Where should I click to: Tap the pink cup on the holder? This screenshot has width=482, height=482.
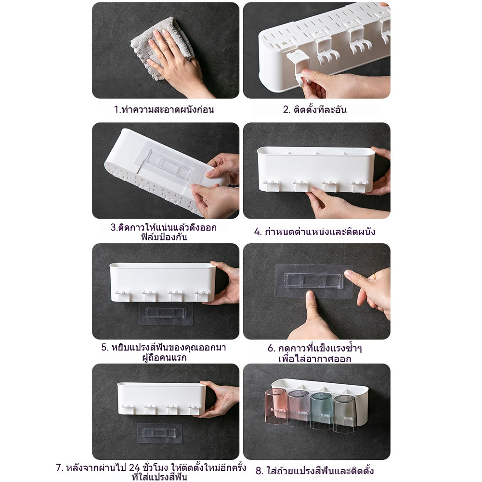pyautogui.click(x=275, y=406)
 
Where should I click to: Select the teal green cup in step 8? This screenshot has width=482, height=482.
pyautogui.click(x=321, y=410)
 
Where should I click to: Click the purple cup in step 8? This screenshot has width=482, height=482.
pyautogui.click(x=299, y=408)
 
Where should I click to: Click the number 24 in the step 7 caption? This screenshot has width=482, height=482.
pyautogui.click(x=134, y=468)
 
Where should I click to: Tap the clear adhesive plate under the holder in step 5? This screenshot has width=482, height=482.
pyautogui.click(x=166, y=313)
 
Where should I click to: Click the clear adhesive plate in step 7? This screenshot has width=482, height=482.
pyautogui.click(x=159, y=433)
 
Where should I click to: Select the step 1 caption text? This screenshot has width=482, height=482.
pyautogui.click(x=164, y=109)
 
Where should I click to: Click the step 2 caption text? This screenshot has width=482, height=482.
pyautogui.click(x=315, y=110)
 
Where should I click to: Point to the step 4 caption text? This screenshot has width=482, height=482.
pyautogui.click(x=315, y=232)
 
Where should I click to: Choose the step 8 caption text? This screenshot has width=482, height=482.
pyautogui.click(x=315, y=470)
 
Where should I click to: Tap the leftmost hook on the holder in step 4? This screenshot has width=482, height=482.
pyautogui.click(x=271, y=186)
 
